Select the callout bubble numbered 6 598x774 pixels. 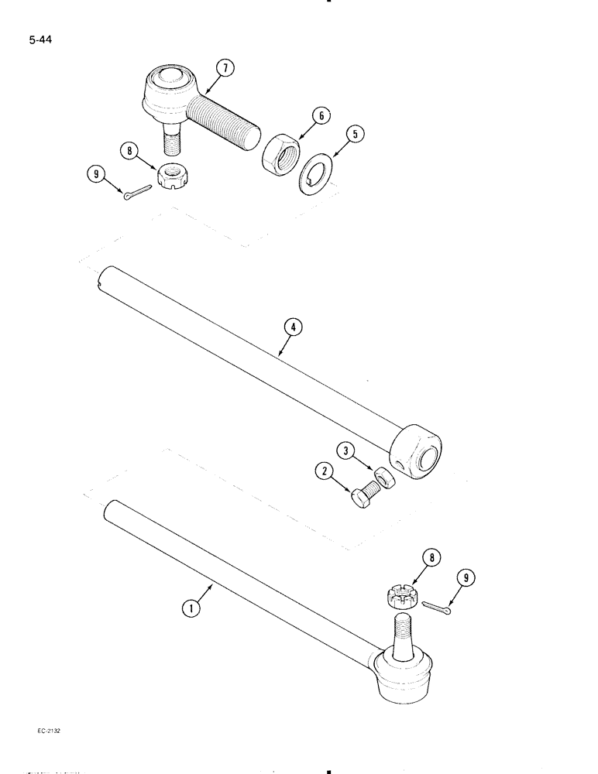[320, 117]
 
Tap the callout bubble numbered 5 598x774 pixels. [355, 135]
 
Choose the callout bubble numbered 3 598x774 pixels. [345, 450]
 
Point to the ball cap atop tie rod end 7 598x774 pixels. [167, 80]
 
